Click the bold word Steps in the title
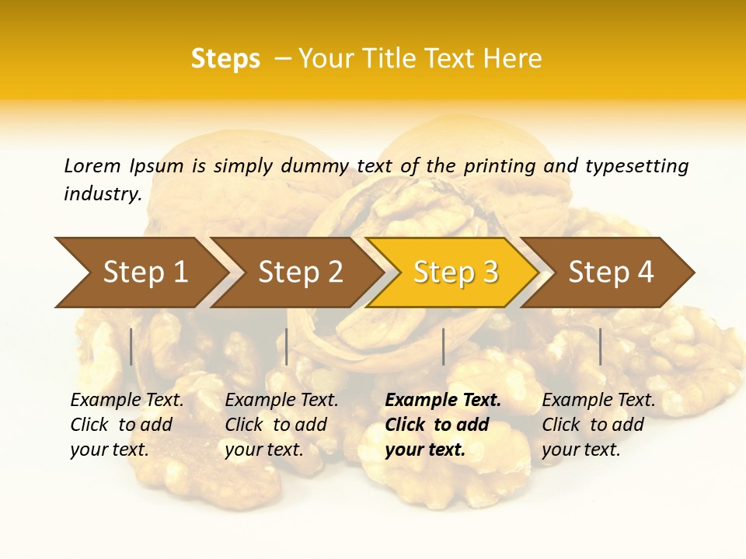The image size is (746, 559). point(225,59)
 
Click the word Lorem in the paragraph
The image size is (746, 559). point(92,165)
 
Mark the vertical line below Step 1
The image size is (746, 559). point(131,346)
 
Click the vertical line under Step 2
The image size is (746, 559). point(287,346)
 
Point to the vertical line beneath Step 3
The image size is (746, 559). point(443,346)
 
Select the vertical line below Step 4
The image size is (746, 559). point(600,346)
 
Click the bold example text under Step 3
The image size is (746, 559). point(442,425)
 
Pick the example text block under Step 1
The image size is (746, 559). point(127,425)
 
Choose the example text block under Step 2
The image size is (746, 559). point(281,425)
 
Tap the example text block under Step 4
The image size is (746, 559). point(598,425)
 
